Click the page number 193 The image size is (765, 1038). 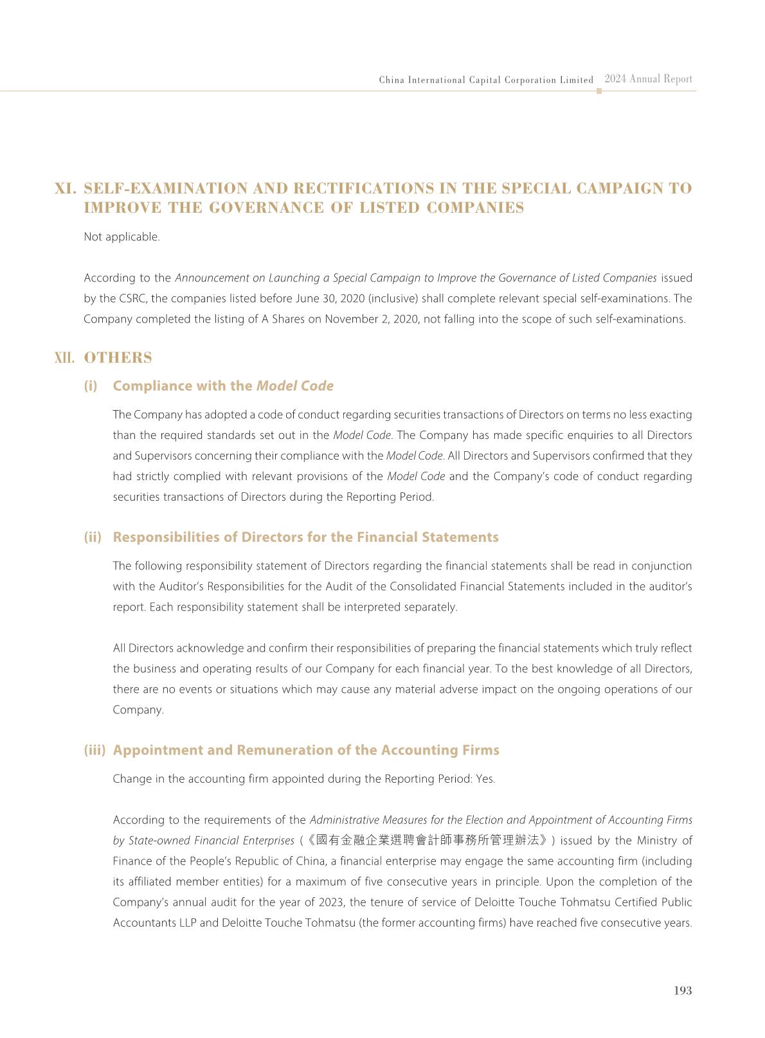(x=682, y=990)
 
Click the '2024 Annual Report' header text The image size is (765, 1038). (x=648, y=79)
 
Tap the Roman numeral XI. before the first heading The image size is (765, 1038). (x=66, y=188)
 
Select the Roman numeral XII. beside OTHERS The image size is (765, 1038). (x=65, y=358)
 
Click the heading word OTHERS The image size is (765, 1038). (x=118, y=358)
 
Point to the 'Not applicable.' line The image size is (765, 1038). (x=122, y=237)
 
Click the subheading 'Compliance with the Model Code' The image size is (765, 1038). (x=222, y=386)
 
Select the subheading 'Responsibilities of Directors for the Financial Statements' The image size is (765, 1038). (x=305, y=537)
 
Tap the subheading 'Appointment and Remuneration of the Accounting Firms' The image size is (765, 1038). (x=305, y=750)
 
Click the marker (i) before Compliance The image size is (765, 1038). (x=91, y=386)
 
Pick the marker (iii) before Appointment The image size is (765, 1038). (x=94, y=750)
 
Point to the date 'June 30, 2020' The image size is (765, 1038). (x=328, y=298)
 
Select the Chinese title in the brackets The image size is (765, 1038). (x=427, y=840)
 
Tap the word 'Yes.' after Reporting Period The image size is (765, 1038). (x=485, y=778)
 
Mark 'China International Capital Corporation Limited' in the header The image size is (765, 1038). (x=486, y=80)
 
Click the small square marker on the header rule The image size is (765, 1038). (x=599, y=91)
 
